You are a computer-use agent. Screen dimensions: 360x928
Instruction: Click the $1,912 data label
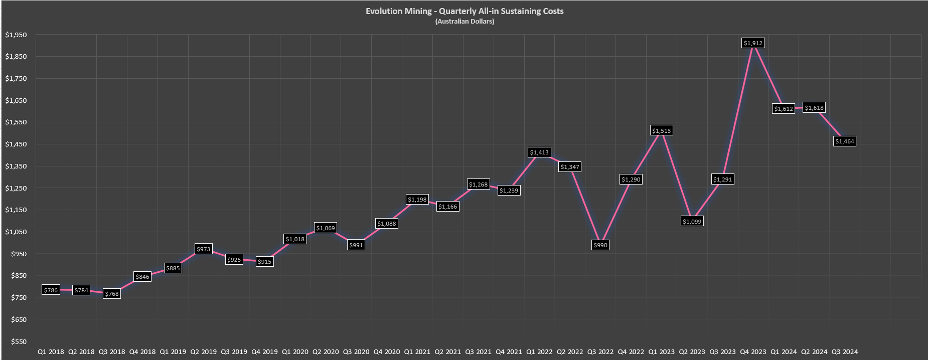click(x=753, y=43)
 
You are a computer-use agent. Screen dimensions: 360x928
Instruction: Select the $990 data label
click(x=600, y=245)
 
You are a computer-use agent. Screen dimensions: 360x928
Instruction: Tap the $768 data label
click(x=112, y=294)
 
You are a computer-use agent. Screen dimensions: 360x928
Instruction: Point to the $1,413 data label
click(x=539, y=152)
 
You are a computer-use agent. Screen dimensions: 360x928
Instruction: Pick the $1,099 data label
click(x=692, y=221)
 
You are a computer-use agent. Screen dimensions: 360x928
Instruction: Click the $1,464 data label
click(x=845, y=141)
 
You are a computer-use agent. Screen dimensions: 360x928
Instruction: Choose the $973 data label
click(x=203, y=249)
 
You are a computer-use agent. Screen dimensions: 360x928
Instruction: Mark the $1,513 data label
click(x=662, y=131)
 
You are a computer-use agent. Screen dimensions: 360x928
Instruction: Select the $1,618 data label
click(x=814, y=108)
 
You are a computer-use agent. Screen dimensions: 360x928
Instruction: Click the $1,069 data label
click(x=326, y=228)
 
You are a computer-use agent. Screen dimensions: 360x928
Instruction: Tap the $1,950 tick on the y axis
click(x=16, y=35)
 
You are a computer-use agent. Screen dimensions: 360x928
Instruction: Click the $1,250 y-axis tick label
click(x=16, y=188)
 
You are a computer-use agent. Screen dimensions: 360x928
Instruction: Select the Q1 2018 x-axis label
click(x=51, y=352)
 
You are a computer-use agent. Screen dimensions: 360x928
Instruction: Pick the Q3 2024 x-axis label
click(x=845, y=352)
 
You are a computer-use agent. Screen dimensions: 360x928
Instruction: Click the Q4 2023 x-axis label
click(x=753, y=352)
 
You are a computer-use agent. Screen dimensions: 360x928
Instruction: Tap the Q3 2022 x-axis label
click(x=600, y=352)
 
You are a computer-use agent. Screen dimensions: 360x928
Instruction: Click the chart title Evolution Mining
click(x=465, y=11)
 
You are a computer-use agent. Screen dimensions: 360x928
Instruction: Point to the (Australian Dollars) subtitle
click(x=465, y=22)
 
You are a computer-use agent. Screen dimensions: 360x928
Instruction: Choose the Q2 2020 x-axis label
click(x=326, y=352)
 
